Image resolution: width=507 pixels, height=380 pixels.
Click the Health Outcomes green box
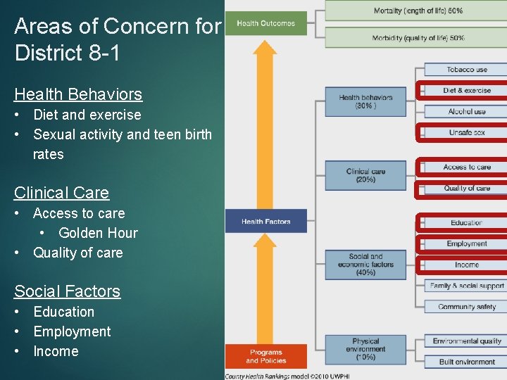[x=266, y=23]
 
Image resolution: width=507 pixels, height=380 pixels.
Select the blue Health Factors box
[x=266, y=221]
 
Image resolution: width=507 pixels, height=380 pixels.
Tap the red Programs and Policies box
[x=266, y=356]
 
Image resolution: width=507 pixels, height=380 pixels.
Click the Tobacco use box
[x=466, y=70]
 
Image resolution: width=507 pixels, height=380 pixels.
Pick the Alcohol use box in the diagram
[x=466, y=111]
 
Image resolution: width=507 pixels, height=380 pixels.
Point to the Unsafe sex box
[x=466, y=132]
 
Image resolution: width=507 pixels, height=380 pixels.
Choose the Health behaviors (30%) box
[x=365, y=101]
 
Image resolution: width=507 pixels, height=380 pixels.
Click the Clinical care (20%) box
[x=365, y=175]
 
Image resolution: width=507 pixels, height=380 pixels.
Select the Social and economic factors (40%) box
[x=365, y=264]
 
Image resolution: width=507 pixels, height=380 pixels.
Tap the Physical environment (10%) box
[x=365, y=349]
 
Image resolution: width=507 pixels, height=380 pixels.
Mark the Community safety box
[x=466, y=307]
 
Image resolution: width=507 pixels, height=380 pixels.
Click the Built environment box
[x=466, y=362]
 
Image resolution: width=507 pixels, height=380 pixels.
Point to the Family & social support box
[x=466, y=286]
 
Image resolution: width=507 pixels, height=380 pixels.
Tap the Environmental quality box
[x=466, y=341]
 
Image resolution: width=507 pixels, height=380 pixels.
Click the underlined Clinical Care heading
[x=61, y=193]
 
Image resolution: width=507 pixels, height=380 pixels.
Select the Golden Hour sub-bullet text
[x=98, y=233]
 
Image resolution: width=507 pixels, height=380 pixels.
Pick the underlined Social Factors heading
[x=67, y=291]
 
